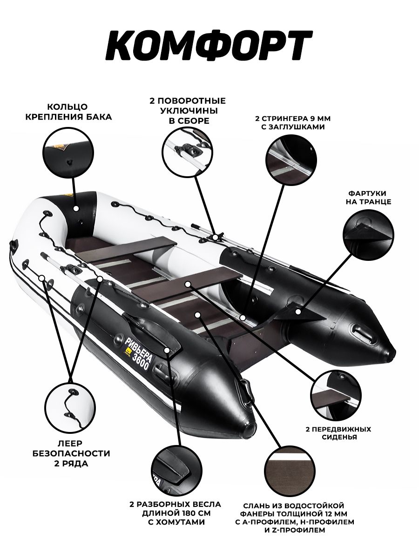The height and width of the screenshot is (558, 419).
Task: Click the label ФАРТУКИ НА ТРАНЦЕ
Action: pos(368,197)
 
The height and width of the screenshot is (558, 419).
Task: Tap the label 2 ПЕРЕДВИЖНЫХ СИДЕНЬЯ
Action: pos(338,433)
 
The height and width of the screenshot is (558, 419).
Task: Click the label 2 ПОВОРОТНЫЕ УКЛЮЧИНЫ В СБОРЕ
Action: pos(187,111)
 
